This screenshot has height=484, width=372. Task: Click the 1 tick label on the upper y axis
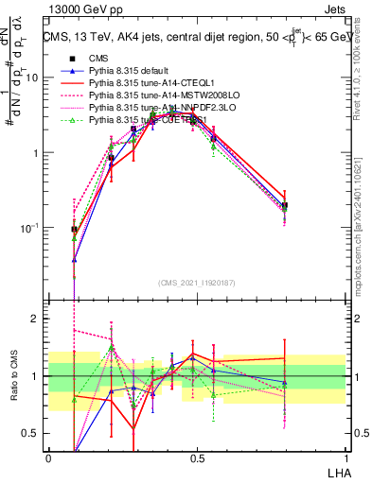coord(35,153)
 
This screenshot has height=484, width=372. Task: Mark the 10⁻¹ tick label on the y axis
coord(30,228)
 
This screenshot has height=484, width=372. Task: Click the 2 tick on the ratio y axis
coord(35,319)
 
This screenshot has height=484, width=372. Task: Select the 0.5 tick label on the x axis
coord(197,458)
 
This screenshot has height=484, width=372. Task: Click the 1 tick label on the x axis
coord(345,458)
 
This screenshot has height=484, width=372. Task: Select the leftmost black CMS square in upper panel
coord(75,230)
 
